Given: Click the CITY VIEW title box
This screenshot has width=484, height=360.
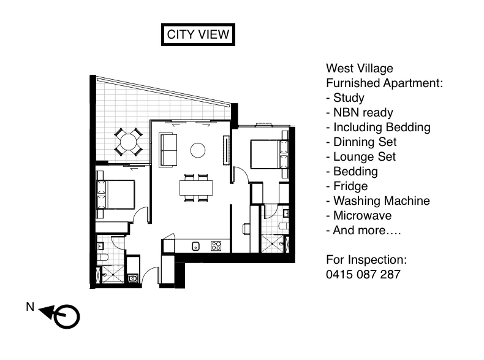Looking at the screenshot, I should (198, 34).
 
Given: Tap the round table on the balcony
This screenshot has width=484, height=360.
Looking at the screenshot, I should (129, 142).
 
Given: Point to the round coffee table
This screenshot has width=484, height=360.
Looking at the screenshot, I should (198, 149).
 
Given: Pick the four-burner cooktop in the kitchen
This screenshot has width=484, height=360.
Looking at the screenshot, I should (216, 246).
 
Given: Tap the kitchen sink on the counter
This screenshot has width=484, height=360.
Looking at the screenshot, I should (195, 247).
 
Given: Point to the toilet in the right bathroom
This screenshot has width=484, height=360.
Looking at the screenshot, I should (284, 228).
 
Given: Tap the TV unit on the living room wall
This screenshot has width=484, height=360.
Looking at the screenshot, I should (225, 150).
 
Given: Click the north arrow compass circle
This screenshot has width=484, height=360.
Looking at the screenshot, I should (67, 316).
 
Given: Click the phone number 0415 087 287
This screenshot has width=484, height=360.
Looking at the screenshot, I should (363, 274).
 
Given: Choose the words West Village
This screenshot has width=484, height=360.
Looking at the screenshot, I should (360, 68).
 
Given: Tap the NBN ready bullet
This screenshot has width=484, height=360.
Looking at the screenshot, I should (360, 112).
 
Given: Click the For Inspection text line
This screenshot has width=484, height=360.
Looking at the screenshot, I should (366, 259).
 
